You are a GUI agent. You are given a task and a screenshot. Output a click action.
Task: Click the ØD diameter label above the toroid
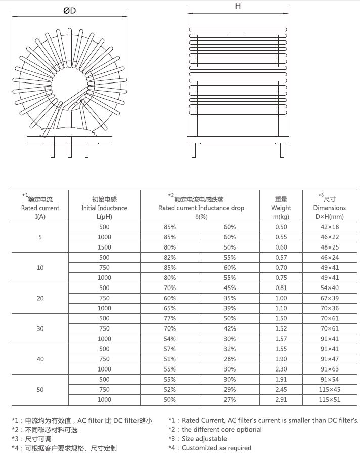click(x=70, y=11)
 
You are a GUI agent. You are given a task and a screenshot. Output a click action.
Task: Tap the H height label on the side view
click(x=238, y=7)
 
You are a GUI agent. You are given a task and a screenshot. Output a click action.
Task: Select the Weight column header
click(x=281, y=208)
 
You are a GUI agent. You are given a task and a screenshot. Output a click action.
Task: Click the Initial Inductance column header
click(x=104, y=208)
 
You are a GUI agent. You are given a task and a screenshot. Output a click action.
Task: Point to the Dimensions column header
click(x=329, y=208)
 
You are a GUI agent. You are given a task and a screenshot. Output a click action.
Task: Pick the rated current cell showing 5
click(x=40, y=237)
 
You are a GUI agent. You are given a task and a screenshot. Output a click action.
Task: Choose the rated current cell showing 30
click(x=40, y=328)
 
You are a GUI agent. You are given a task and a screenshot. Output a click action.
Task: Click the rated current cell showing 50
click(x=40, y=389)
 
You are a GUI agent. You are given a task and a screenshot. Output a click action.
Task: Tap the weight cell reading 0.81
click(x=281, y=288)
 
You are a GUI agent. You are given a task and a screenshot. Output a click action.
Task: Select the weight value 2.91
click(x=281, y=399)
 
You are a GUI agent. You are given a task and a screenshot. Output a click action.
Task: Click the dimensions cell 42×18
click(x=329, y=227)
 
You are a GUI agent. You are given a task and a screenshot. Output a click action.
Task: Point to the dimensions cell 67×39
click(x=329, y=298)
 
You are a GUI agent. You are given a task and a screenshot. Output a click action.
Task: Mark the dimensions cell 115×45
click(x=329, y=389)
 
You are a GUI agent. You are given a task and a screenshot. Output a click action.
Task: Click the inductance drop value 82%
click(x=170, y=258)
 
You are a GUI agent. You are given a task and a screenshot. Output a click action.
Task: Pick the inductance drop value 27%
click(x=230, y=399)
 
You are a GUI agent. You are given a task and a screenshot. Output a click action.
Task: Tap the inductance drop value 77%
click(x=170, y=318)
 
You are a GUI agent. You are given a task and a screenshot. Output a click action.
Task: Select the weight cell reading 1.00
click(x=281, y=298)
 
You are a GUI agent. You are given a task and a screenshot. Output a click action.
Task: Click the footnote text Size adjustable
click(x=204, y=438)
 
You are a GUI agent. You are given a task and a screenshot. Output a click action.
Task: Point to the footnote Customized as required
click(x=216, y=447)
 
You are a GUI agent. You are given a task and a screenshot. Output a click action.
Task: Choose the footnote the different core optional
click(x=221, y=429)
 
